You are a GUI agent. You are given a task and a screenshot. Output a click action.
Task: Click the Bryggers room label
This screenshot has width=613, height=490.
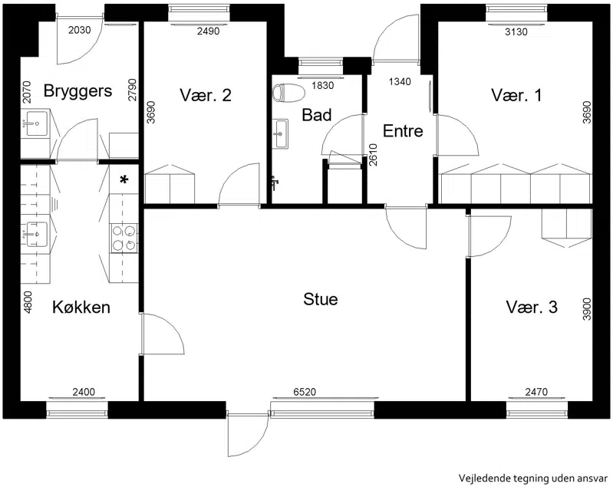tap(77, 91)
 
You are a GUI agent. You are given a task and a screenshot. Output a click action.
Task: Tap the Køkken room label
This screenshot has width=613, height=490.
tap(81, 307)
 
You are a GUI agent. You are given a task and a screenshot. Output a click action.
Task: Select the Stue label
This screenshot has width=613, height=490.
tap(321, 299)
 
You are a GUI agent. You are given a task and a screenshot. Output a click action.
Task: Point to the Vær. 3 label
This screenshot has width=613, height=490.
tap(532, 307)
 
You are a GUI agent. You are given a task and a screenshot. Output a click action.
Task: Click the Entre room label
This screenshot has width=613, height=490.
tap(403, 131)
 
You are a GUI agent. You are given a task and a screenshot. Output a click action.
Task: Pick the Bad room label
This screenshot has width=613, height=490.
tap(317, 115)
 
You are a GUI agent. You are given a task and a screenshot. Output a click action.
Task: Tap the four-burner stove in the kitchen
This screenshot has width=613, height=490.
tap(124, 238)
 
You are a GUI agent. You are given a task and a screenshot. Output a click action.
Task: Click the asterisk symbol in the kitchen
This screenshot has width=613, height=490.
tap(124, 180)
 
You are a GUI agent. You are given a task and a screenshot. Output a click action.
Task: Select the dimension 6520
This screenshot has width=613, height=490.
tap(305, 392)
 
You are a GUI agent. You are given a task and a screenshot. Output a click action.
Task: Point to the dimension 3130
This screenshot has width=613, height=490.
tap(516, 31)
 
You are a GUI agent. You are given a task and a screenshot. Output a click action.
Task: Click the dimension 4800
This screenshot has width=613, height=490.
tap(28, 302)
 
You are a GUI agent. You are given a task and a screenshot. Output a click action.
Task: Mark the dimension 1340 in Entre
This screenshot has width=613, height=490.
tap(400, 81)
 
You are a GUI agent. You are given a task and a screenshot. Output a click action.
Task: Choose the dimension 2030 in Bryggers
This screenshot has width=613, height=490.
tap(80, 30)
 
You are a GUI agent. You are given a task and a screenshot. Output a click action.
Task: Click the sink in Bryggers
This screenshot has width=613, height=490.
tap(36, 123)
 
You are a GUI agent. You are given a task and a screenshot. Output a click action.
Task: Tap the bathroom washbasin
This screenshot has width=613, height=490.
tap(280, 133)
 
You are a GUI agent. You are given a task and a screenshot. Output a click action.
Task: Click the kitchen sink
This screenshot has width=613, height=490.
tap(36, 235)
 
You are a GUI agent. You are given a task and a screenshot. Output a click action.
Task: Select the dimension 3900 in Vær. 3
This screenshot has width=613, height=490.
tap(586, 310)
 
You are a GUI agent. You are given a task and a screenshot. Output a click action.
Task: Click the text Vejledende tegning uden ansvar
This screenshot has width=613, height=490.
tap(533, 478)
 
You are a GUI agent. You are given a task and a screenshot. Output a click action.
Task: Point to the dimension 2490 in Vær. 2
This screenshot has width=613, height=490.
tap(208, 31)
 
